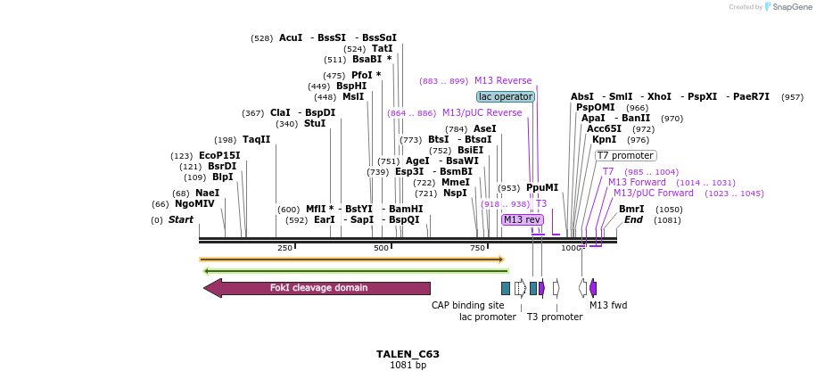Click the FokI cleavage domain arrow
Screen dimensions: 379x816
click(x=317, y=288)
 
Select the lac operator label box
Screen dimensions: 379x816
click(x=506, y=96)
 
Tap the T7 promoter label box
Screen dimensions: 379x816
click(x=626, y=156)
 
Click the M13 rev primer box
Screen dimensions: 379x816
click(x=522, y=219)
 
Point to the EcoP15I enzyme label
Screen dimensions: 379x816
click(x=219, y=156)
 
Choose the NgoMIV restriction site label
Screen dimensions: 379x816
click(x=194, y=204)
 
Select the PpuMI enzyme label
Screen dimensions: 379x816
click(x=542, y=188)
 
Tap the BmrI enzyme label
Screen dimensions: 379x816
click(x=631, y=210)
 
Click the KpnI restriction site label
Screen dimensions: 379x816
click(x=604, y=140)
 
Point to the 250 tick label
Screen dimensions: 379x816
click(x=284, y=248)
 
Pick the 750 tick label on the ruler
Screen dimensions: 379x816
click(x=478, y=248)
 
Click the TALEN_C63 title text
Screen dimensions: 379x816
click(x=408, y=354)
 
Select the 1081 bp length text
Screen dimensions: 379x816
click(x=408, y=366)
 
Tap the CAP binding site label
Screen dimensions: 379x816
click(x=467, y=305)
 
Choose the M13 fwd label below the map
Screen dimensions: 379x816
click(x=608, y=305)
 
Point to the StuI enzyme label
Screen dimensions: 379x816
click(x=315, y=124)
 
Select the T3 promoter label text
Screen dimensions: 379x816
click(x=554, y=317)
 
